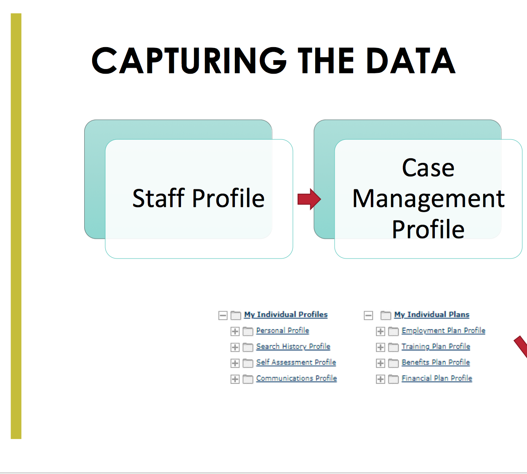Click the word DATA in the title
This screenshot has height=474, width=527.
(x=411, y=61)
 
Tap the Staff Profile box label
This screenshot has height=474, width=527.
(x=198, y=198)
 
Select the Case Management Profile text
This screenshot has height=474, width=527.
(x=428, y=198)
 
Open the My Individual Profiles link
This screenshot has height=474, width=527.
(x=286, y=314)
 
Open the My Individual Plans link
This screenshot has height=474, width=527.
(x=431, y=314)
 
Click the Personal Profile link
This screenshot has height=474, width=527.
(x=283, y=330)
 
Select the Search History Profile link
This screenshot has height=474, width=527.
(x=293, y=346)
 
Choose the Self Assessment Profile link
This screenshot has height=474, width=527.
(x=296, y=362)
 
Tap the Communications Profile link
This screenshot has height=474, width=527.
(x=297, y=378)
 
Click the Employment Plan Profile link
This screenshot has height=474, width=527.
(x=444, y=330)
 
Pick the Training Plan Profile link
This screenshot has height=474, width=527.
(x=436, y=346)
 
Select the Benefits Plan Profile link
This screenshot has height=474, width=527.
(x=436, y=362)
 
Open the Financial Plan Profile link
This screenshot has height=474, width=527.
(x=437, y=378)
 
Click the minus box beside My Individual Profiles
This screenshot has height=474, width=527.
(x=223, y=315)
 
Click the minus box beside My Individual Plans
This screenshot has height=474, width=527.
(x=368, y=315)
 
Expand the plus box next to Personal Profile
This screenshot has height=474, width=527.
(x=235, y=331)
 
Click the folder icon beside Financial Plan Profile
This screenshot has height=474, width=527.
(x=393, y=379)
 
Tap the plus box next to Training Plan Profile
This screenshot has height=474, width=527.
(x=381, y=347)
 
